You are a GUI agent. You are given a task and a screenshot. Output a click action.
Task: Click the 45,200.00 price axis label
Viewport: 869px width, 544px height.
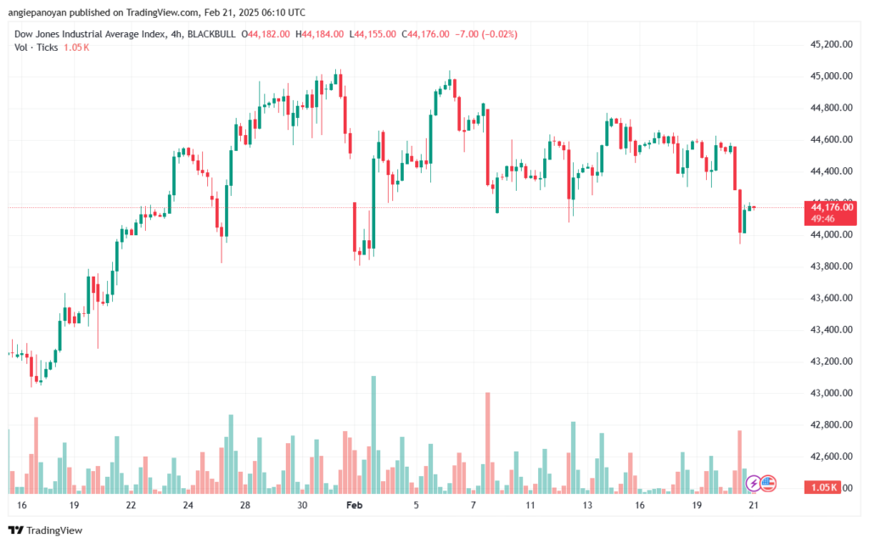click(831, 43)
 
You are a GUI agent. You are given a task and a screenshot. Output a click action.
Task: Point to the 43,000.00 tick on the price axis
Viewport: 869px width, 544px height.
click(831, 393)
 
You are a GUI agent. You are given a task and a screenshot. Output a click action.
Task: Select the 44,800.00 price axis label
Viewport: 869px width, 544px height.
click(831, 108)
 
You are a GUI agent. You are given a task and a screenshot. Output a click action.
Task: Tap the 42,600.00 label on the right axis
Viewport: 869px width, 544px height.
click(831, 457)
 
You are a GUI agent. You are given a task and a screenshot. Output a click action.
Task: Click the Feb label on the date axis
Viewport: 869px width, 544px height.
click(354, 504)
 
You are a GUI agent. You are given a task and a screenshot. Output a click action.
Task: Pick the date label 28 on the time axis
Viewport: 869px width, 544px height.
click(245, 504)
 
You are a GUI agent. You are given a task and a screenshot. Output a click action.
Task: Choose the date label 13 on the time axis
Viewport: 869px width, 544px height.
click(586, 504)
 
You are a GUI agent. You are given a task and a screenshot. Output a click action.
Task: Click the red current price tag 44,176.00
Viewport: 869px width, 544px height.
click(832, 206)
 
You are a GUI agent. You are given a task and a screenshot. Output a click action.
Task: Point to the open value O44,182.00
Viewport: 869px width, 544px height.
click(266, 34)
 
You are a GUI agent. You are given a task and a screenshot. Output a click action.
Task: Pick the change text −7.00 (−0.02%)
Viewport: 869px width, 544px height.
click(486, 34)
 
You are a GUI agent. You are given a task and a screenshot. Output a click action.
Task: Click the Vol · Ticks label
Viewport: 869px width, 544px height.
click(35, 48)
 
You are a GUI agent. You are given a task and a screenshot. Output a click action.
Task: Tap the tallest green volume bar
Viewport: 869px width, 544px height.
click(373, 433)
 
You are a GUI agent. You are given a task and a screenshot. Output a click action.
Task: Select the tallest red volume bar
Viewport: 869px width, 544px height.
click(488, 441)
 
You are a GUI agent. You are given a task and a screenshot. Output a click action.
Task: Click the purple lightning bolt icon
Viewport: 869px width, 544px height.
click(753, 483)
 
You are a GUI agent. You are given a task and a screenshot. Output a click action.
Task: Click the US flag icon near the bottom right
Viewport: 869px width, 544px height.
click(767, 483)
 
